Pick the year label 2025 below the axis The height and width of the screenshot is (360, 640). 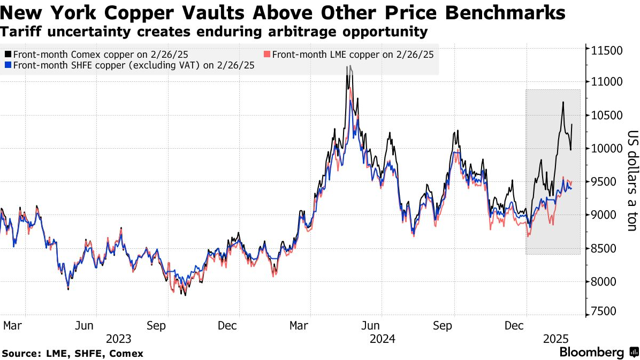tap(555, 339)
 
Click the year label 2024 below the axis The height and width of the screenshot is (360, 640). tap(382, 339)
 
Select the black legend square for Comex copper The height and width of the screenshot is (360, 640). tap(7, 55)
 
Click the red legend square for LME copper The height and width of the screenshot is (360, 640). tap(268, 55)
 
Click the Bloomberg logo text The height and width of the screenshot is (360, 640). tap(591, 353)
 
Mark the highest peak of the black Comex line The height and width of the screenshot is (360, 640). tap(349, 66)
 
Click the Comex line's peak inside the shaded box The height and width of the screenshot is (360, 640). tap(563, 102)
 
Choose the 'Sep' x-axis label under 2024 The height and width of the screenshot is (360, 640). tap(443, 325)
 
